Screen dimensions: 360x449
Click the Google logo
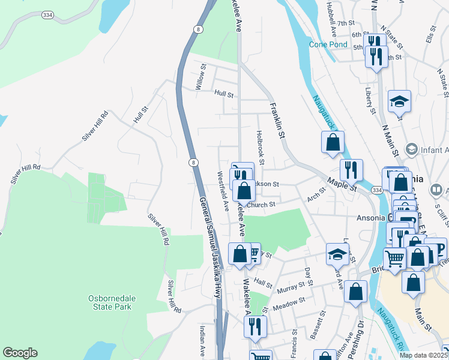coord(20,353)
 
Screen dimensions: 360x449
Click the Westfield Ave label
coord(223,191)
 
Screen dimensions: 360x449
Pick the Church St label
coord(261,205)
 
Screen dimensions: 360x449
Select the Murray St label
coord(291,289)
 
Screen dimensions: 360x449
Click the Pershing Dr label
coord(361,331)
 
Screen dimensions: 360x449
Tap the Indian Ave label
coord(202,340)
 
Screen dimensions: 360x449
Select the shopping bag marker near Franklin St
coord(333,143)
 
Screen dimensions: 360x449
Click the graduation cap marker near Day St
coord(337,254)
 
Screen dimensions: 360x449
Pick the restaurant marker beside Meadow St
coord(255,326)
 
